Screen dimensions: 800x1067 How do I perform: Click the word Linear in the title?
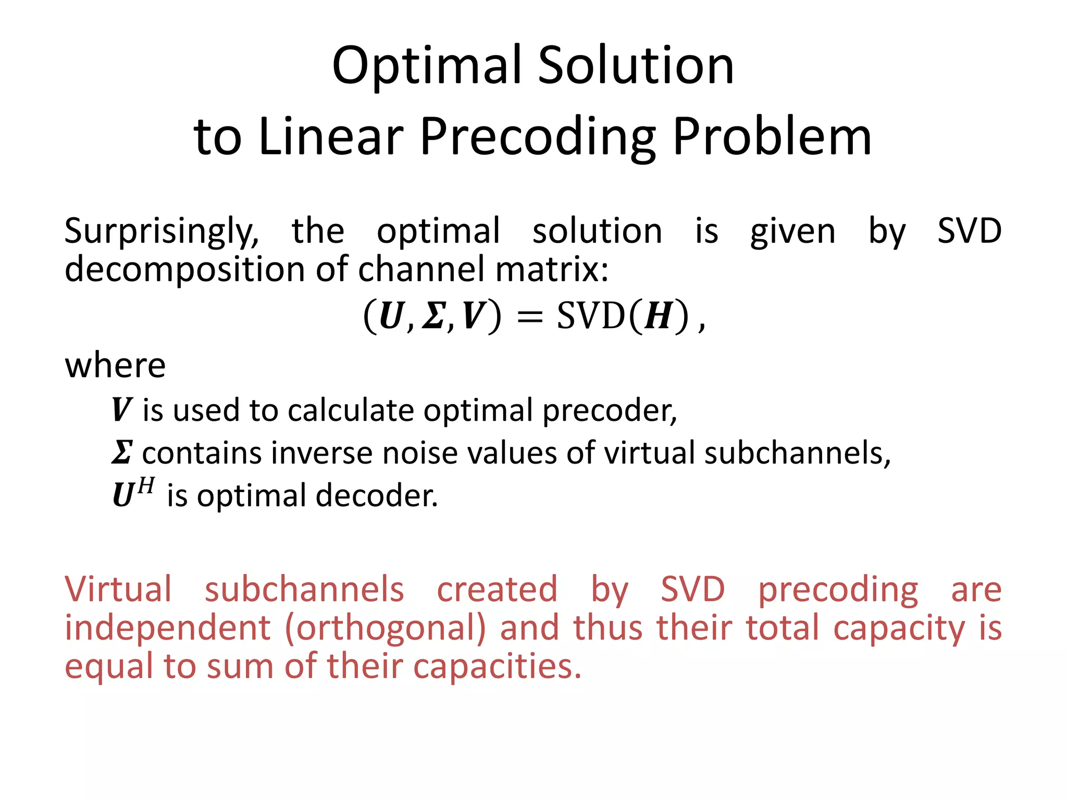(330, 136)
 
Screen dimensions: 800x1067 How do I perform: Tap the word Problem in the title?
(772, 136)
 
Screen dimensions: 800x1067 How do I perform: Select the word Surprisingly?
(162, 231)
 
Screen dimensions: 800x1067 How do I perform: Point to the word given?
(792, 231)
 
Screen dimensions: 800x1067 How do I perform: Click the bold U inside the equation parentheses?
(392, 316)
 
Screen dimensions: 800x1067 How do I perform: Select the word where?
(115, 366)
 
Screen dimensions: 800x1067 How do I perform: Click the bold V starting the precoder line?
(121, 409)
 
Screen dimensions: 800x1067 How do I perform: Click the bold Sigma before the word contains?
(122, 452)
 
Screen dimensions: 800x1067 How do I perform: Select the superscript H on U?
(146, 486)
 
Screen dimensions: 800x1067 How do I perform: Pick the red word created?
(497, 590)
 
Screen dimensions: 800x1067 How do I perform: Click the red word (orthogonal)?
(386, 628)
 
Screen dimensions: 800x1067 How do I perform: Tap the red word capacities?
(497, 667)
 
